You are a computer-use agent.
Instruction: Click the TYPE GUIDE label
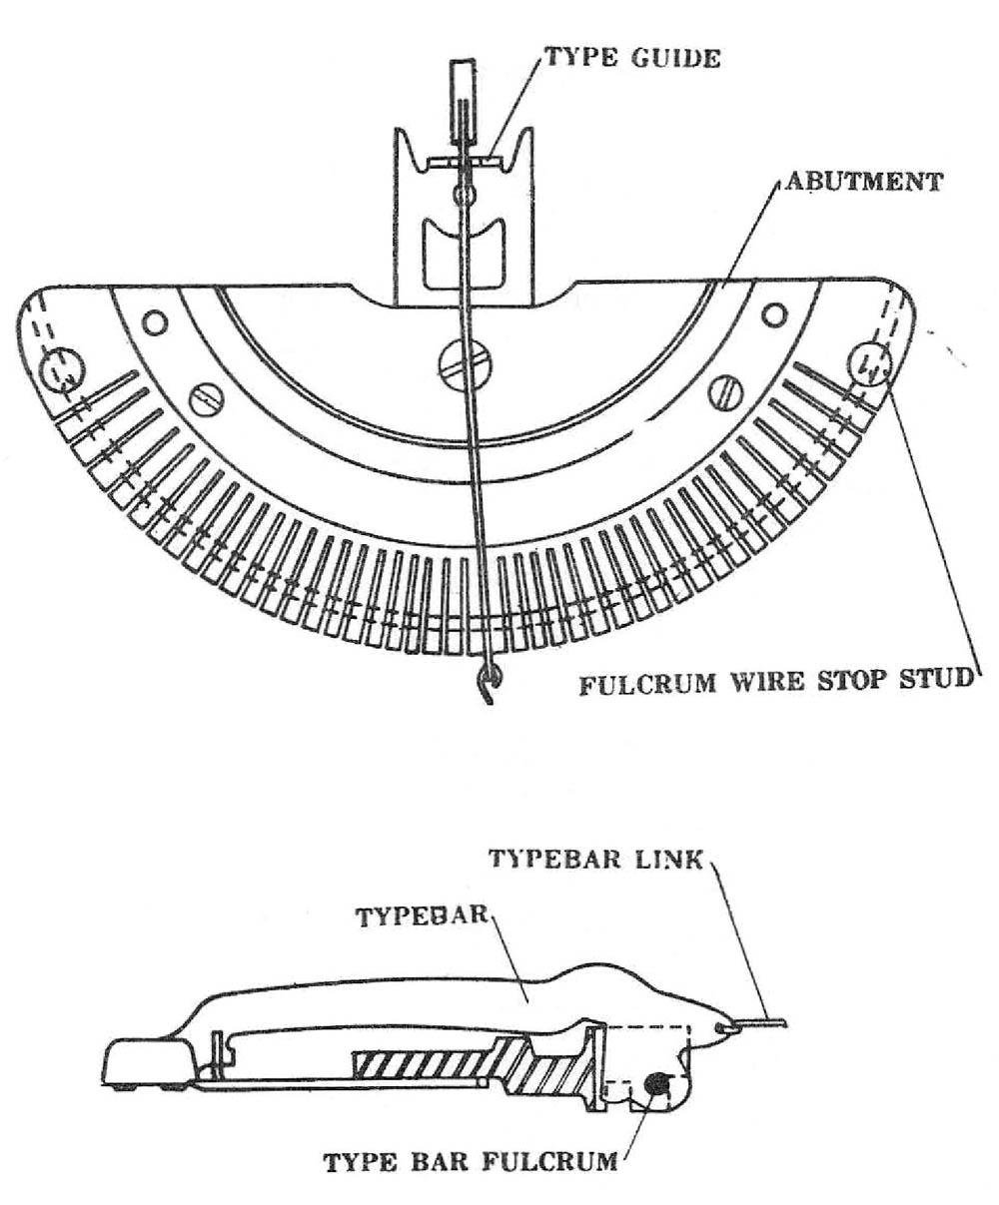click(632, 57)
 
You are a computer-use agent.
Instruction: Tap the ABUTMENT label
click(863, 182)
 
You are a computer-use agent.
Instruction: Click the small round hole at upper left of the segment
click(154, 322)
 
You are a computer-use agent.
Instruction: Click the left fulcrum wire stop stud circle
click(62, 370)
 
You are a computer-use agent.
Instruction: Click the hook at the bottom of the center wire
click(487, 686)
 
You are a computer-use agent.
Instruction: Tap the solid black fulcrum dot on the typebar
click(657, 1081)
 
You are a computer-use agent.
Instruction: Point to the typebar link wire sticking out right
click(763, 1022)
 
